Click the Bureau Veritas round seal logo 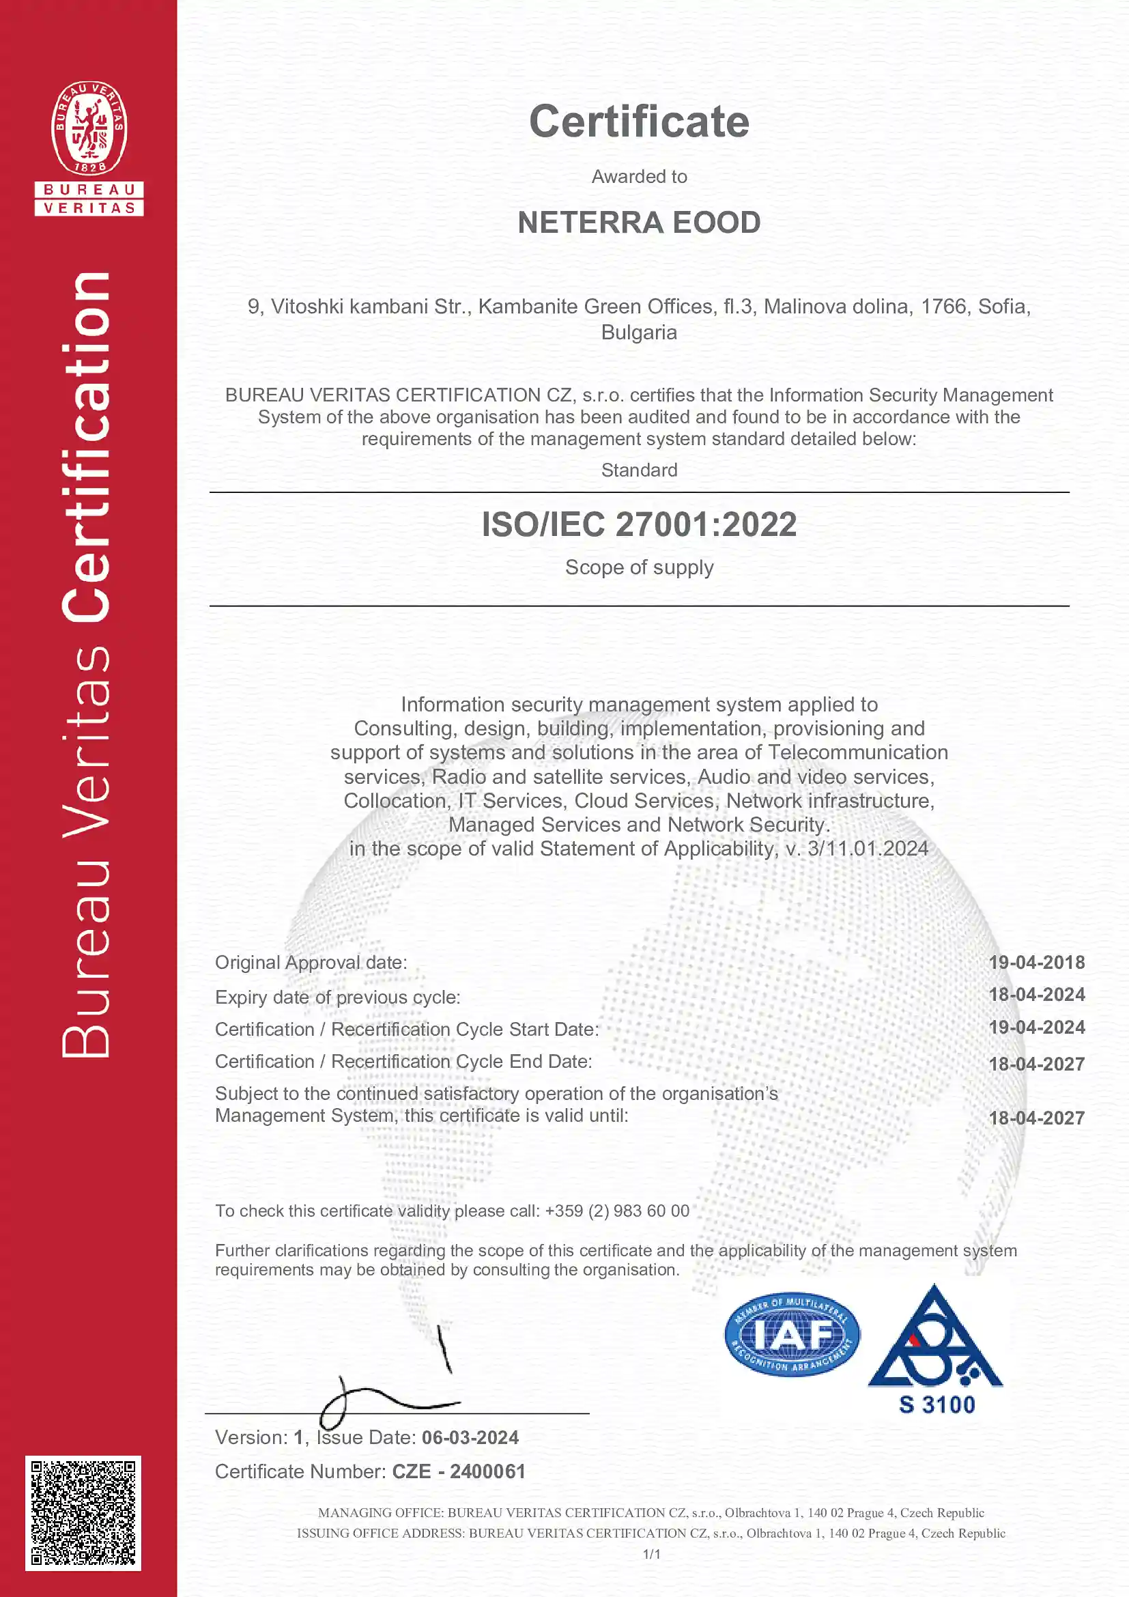click(x=89, y=128)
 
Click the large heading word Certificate click(x=639, y=122)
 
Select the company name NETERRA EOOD click(x=639, y=223)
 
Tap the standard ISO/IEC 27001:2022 click(x=639, y=524)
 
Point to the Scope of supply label click(x=639, y=567)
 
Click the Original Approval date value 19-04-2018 click(x=1036, y=963)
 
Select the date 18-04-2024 click(x=1036, y=995)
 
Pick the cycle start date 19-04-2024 click(x=1036, y=1028)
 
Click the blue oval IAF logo click(x=792, y=1335)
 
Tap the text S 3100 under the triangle click(x=937, y=1405)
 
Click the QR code click(x=83, y=1514)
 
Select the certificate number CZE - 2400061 click(x=458, y=1472)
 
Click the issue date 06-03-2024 click(x=470, y=1438)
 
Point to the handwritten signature click(x=389, y=1391)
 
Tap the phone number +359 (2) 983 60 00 click(x=616, y=1211)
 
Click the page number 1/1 click(x=651, y=1554)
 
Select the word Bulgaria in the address click(x=639, y=333)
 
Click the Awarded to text click(x=639, y=177)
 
